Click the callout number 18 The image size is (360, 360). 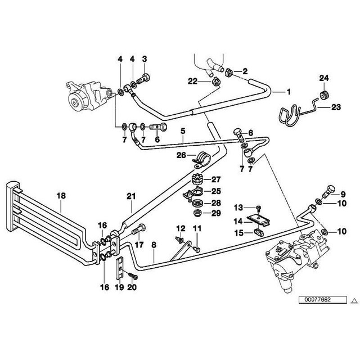61,196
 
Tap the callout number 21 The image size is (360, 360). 131,196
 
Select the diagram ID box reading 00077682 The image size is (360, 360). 322,300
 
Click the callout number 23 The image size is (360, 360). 336,107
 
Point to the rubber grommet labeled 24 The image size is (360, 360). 325,95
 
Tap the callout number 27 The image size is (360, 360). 216,179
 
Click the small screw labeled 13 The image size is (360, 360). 259,208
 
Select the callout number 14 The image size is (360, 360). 238,222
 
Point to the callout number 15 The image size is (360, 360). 238,233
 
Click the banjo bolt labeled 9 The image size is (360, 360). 328,192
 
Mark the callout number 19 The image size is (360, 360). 119,287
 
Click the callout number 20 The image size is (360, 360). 132,287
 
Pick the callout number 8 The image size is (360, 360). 154,245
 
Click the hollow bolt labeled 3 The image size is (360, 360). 143,79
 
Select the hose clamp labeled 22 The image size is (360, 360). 215,82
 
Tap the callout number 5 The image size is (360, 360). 183,131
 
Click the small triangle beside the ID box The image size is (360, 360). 354,300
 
